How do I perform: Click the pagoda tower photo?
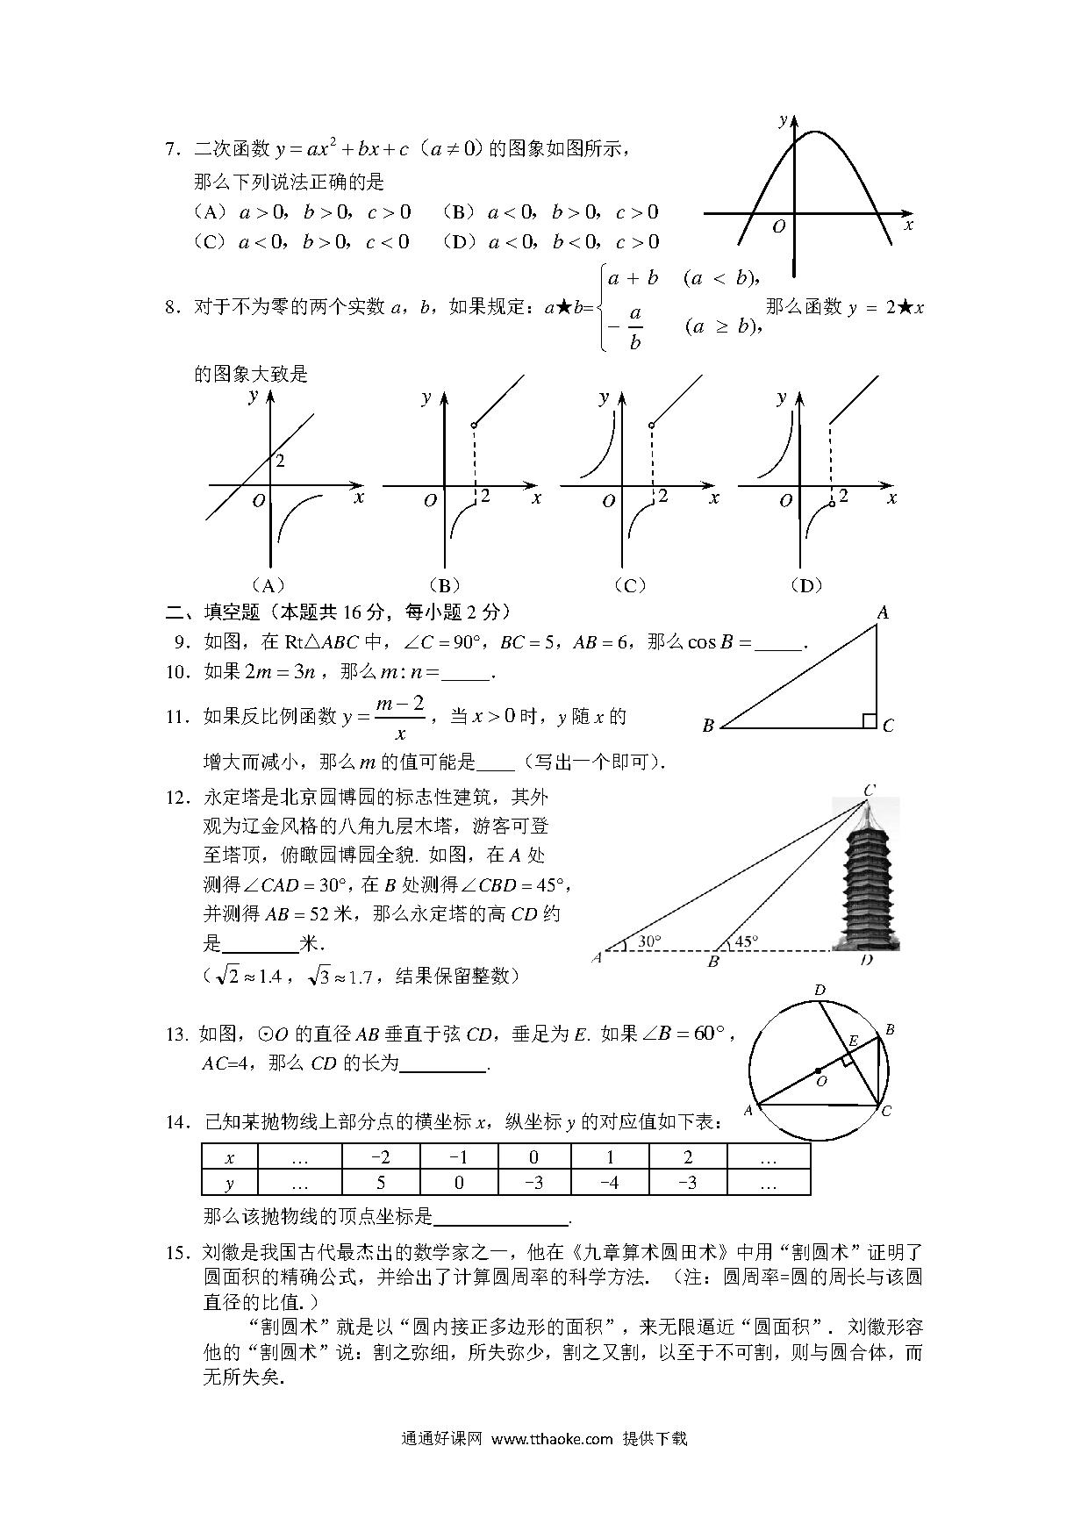click(865, 877)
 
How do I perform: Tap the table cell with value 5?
click(381, 1182)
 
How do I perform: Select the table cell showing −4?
click(610, 1182)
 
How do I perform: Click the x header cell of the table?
click(230, 1157)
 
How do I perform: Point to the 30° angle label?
click(649, 941)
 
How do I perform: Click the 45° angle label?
click(746, 941)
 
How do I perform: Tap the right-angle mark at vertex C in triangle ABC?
click(869, 720)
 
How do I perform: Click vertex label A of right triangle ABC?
click(883, 613)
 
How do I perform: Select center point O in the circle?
click(818, 1071)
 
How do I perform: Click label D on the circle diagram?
click(820, 991)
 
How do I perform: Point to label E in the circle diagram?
click(852, 1042)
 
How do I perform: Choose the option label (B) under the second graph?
click(445, 585)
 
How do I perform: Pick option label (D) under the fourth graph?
click(805, 585)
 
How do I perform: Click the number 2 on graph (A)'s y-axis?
click(280, 461)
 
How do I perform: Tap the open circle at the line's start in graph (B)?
click(474, 426)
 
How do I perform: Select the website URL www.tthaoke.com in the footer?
click(551, 1438)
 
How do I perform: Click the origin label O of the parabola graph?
click(778, 227)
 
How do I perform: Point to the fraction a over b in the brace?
click(634, 327)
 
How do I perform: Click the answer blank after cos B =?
click(778, 643)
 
